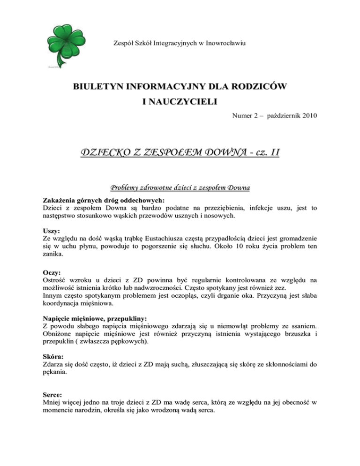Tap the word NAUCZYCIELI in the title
180,102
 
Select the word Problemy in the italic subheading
126,188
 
